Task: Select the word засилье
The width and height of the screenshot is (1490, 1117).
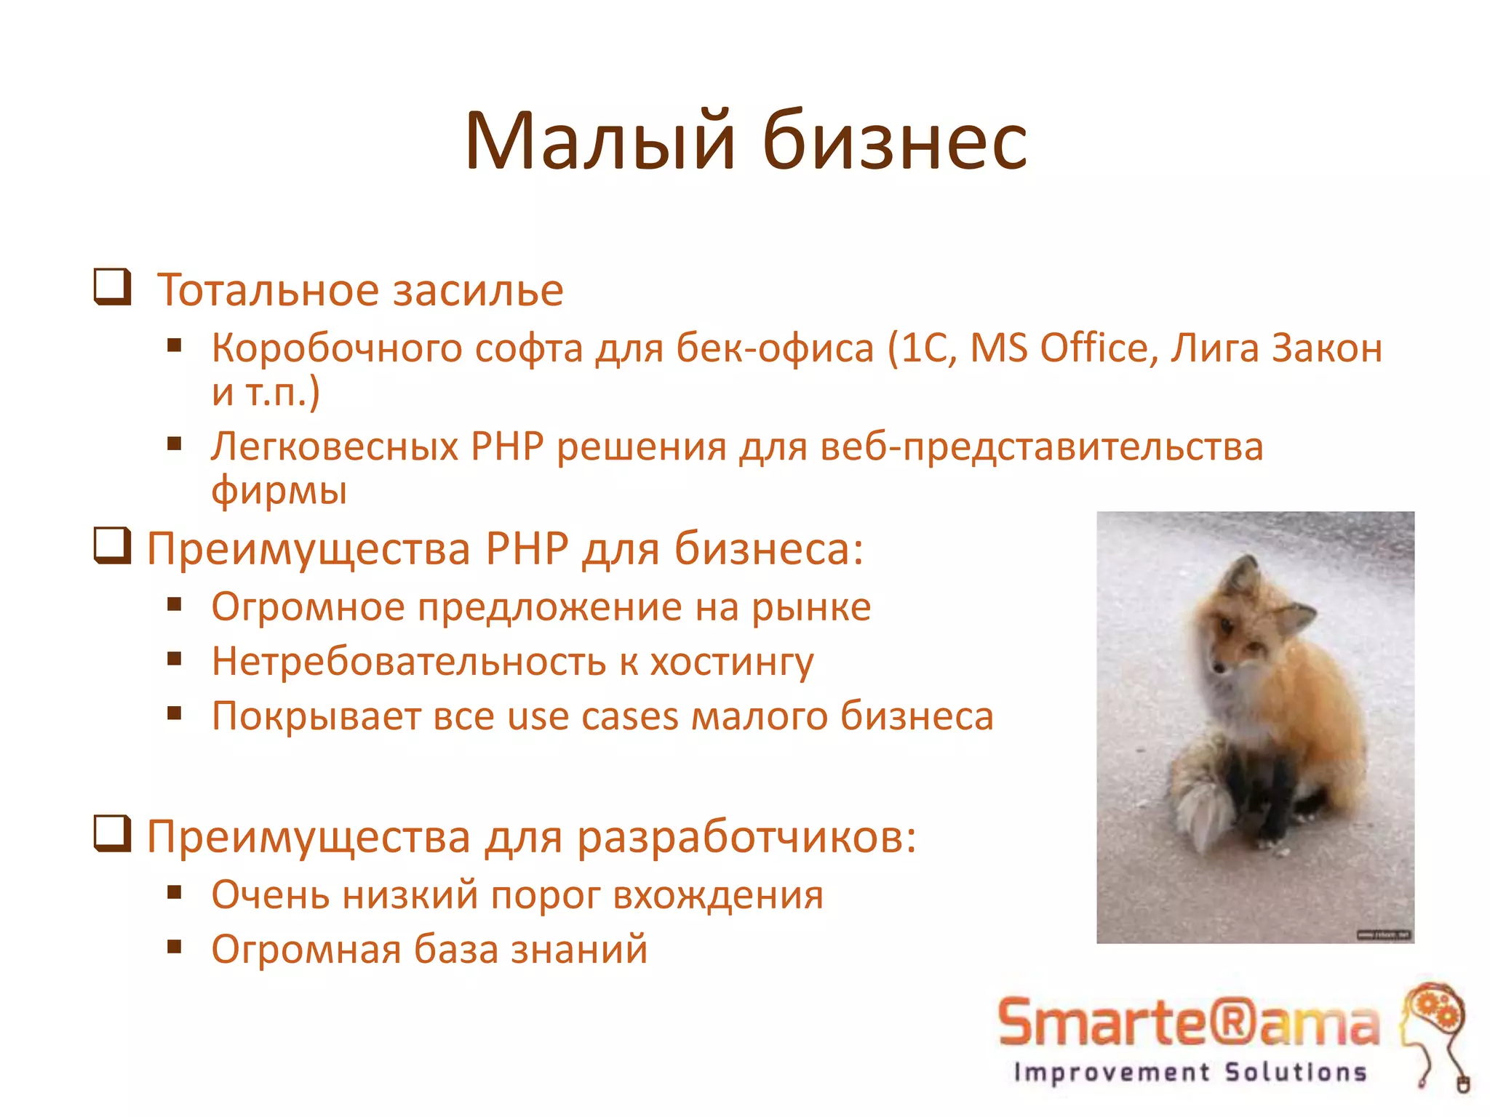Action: point(478,290)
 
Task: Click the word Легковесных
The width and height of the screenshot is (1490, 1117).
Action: point(335,446)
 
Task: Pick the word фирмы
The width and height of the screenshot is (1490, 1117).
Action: point(279,490)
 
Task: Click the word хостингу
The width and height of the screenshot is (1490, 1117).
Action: point(731,662)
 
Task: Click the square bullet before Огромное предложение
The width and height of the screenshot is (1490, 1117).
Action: point(174,604)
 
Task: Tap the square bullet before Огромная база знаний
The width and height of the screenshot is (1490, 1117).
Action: point(174,947)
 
